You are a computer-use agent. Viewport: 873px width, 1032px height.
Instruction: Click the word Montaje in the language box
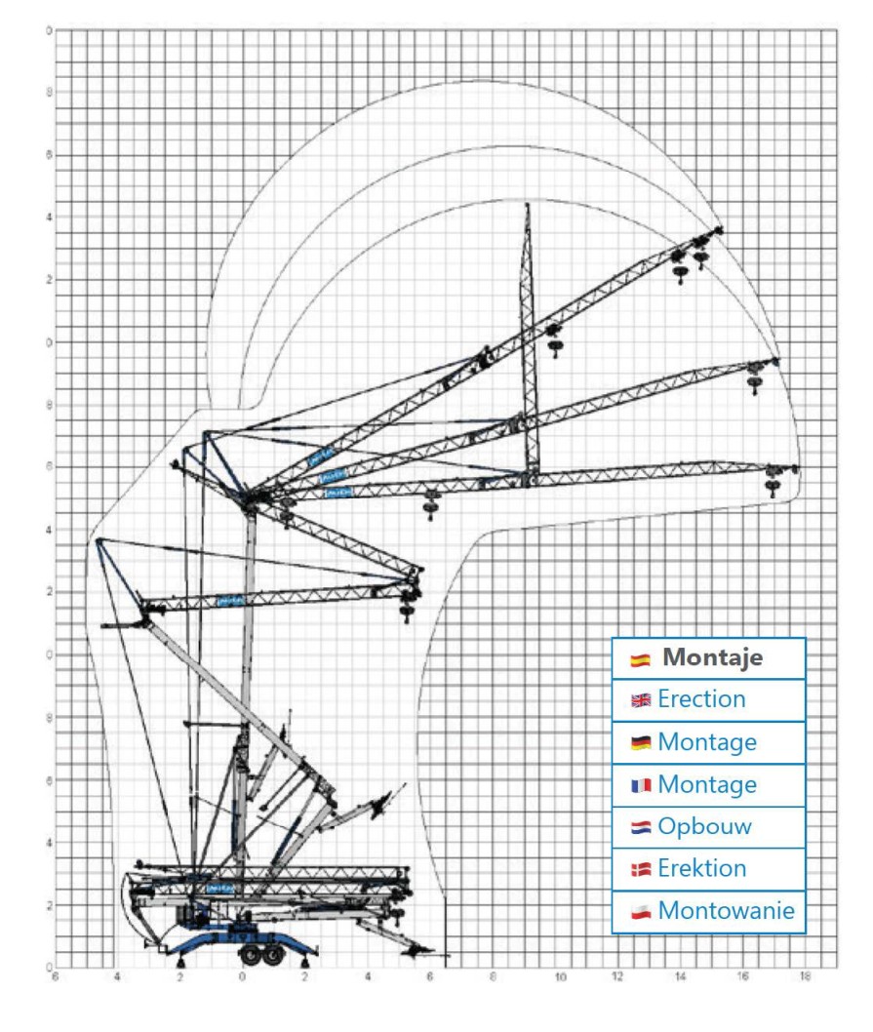click(712, 658)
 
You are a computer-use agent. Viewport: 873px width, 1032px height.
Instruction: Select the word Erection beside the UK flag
click(701, 699)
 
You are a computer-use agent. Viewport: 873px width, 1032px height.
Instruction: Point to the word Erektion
click(701, 868)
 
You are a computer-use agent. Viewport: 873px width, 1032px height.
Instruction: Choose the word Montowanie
click(726, 911)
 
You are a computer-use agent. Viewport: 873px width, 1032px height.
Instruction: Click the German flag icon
click(641, 743)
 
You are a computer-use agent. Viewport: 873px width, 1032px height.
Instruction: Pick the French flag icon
click(641, 785)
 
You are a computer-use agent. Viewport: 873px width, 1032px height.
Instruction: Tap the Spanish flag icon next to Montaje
click(641, 659)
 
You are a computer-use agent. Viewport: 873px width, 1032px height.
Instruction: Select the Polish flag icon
click(641, 912)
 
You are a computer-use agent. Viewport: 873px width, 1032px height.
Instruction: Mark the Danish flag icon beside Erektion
click(641, 869)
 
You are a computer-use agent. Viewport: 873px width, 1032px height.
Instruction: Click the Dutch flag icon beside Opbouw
click(641, 827)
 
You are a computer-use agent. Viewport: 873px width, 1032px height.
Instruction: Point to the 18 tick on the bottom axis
click(805, 975)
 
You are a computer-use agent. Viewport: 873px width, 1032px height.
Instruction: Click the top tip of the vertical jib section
click(527, 205)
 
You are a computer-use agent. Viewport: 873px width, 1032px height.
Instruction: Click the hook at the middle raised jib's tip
click(754, 378)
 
